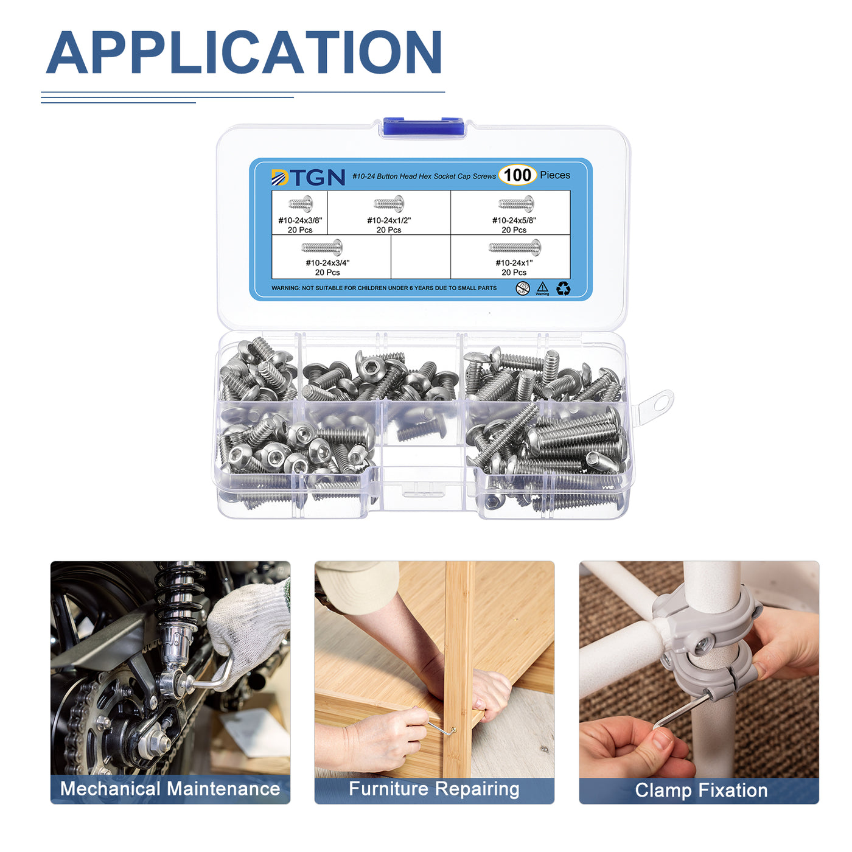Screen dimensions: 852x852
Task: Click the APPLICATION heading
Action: coord(243,52)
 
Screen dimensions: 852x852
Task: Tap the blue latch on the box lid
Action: coord(423,127)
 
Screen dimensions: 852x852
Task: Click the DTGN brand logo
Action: coord(308,177)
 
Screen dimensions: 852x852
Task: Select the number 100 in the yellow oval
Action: coord(517,175)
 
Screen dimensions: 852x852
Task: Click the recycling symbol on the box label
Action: coord(563,288)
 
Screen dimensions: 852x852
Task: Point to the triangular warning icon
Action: coord(542,287)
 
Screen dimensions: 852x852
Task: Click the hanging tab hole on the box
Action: coord(662,402)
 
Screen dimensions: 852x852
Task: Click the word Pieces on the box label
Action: coord(555,175)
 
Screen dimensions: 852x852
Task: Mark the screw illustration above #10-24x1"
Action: coord(515,247)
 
